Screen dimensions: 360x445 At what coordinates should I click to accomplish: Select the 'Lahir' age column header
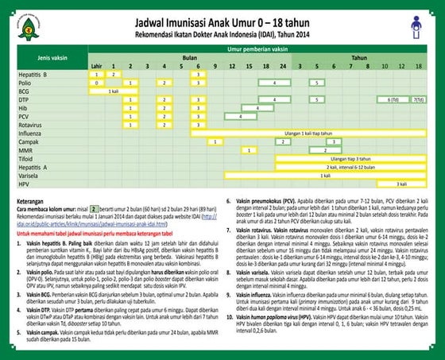96,66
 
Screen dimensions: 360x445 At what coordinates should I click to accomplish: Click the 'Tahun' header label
359,58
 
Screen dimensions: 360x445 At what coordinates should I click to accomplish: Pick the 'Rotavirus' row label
30,125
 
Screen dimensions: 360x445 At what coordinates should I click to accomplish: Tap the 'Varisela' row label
29,176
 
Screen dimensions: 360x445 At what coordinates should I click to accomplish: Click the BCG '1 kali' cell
114,91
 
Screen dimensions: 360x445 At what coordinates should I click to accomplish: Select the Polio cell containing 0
96,83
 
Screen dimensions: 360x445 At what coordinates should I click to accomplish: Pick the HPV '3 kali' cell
402,184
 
